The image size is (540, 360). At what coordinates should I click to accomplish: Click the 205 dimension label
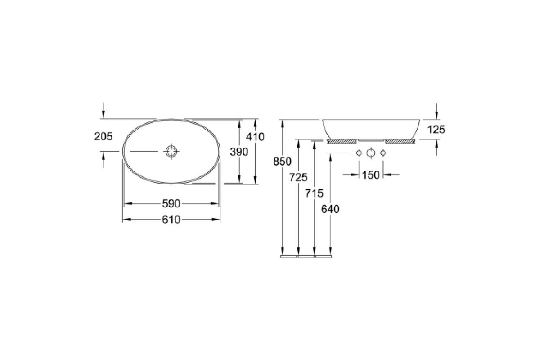point(103,137)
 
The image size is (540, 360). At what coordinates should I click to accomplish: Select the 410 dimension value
point(255,137)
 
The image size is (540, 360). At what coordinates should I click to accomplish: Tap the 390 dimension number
point(239,152)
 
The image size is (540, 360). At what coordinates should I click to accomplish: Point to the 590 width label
point(171,204)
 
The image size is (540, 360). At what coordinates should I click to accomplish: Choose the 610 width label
point(171,220)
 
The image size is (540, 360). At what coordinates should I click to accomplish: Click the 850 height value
point(282,161)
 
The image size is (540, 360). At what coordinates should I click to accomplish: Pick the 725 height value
point(298,177)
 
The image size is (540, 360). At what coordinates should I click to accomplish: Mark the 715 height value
point(314,193)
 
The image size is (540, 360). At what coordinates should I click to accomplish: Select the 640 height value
point(330,209)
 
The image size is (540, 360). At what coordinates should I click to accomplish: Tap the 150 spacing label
point(371,175)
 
